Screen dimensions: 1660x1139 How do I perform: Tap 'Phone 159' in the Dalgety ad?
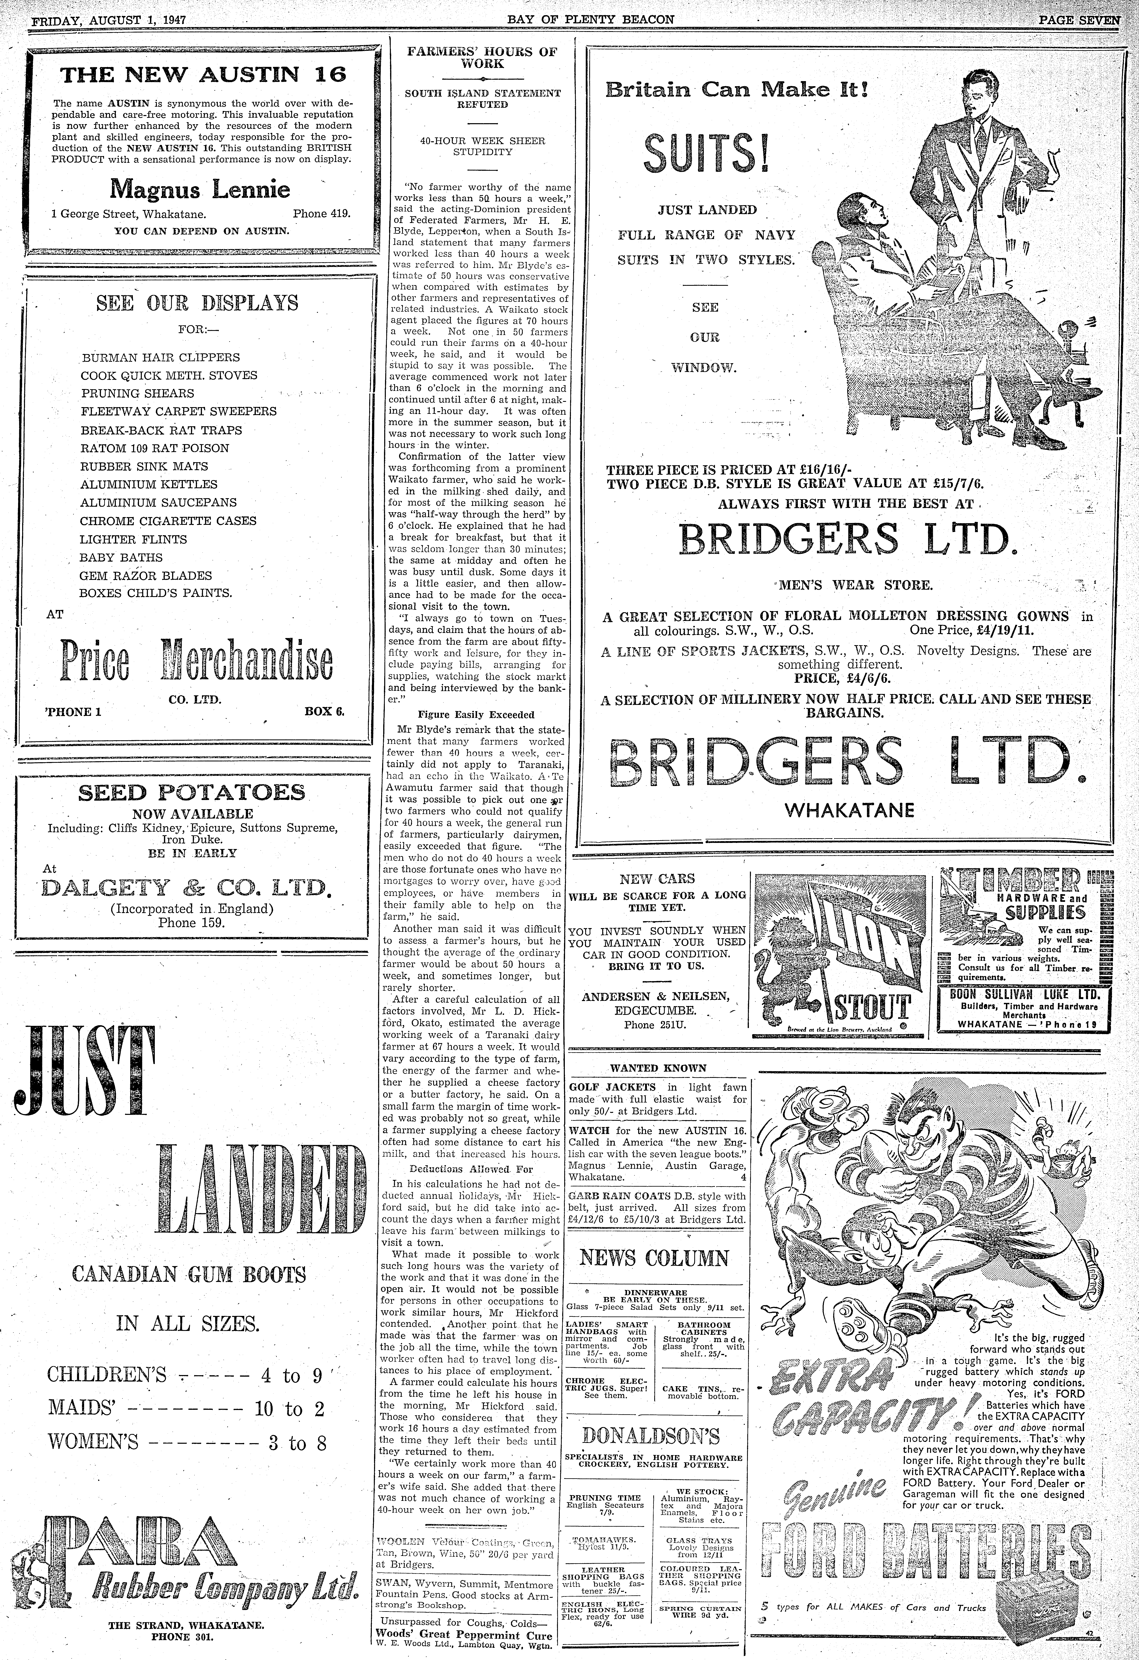click(191, 922)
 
